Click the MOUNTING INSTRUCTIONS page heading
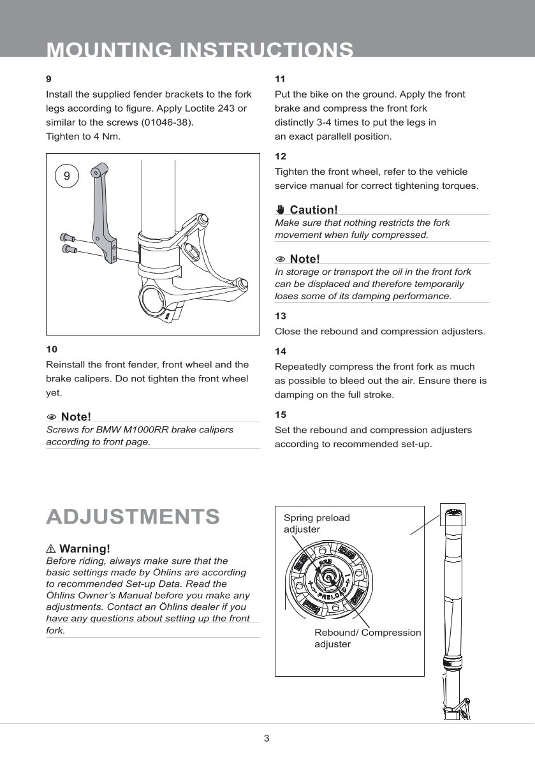pyautogui.click(x=200, y=50)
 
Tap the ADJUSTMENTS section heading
pyautogui.click(x=133, y=517)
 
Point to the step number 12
pyautogui.click(x=280, y=156)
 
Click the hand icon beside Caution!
pyautogui.click(x=281, y=209)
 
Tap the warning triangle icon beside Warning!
pyautogui.click(x=51, y=549)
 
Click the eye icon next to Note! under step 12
pyautogui.click(x=281, y=259)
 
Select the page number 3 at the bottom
pyautogui.click(x=267, y=739)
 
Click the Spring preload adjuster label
pyautogui.click(x=317, y=524)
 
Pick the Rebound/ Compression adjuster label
pyautogui.click(x=367, y=638)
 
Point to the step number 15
pyautogui.click(x=280, y=415)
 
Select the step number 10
pyautogui.click(x=52, y=350)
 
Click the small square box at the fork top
pyautogui.click(x=453, y=516)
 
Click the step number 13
pyautogui.click(x=280, y=316)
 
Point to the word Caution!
pyautogui.click(x=313, y=210)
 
